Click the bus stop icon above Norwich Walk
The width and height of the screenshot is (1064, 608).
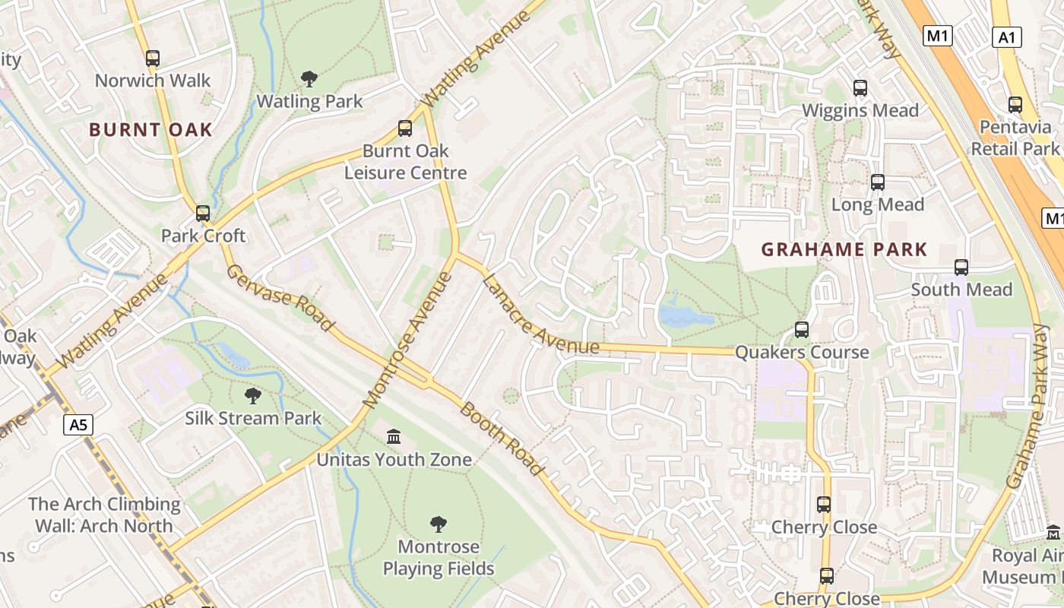153,58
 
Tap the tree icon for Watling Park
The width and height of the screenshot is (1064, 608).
309,78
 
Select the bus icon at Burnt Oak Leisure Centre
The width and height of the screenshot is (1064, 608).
405,128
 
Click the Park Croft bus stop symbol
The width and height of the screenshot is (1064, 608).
203,214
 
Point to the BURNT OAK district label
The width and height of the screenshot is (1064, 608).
150,130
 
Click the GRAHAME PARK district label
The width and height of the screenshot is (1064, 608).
844,249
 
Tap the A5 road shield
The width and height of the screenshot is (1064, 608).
79,425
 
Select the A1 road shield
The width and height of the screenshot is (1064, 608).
1006,37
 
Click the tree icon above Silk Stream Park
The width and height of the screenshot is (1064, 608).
253,395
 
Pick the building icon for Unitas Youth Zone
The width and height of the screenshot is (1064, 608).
394,436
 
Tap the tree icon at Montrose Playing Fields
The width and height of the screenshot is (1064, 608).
438,524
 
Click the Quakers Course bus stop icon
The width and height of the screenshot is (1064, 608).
802,330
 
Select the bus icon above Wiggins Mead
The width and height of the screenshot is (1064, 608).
860,88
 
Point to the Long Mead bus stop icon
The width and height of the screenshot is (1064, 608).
878,182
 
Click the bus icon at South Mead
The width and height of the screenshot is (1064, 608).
961,268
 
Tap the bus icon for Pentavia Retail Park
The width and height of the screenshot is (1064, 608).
1015,105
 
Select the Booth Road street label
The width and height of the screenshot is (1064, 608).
502,439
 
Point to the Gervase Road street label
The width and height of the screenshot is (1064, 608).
280,297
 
